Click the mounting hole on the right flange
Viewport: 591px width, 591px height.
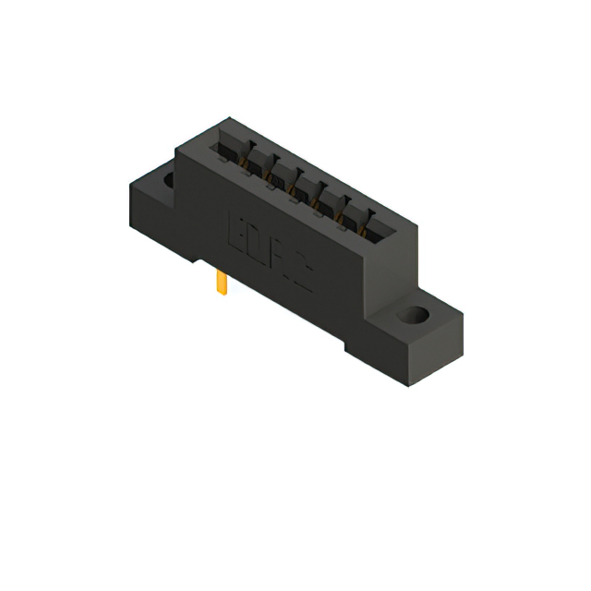click(415, 317)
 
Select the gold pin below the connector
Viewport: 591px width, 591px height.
click(222, 283)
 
